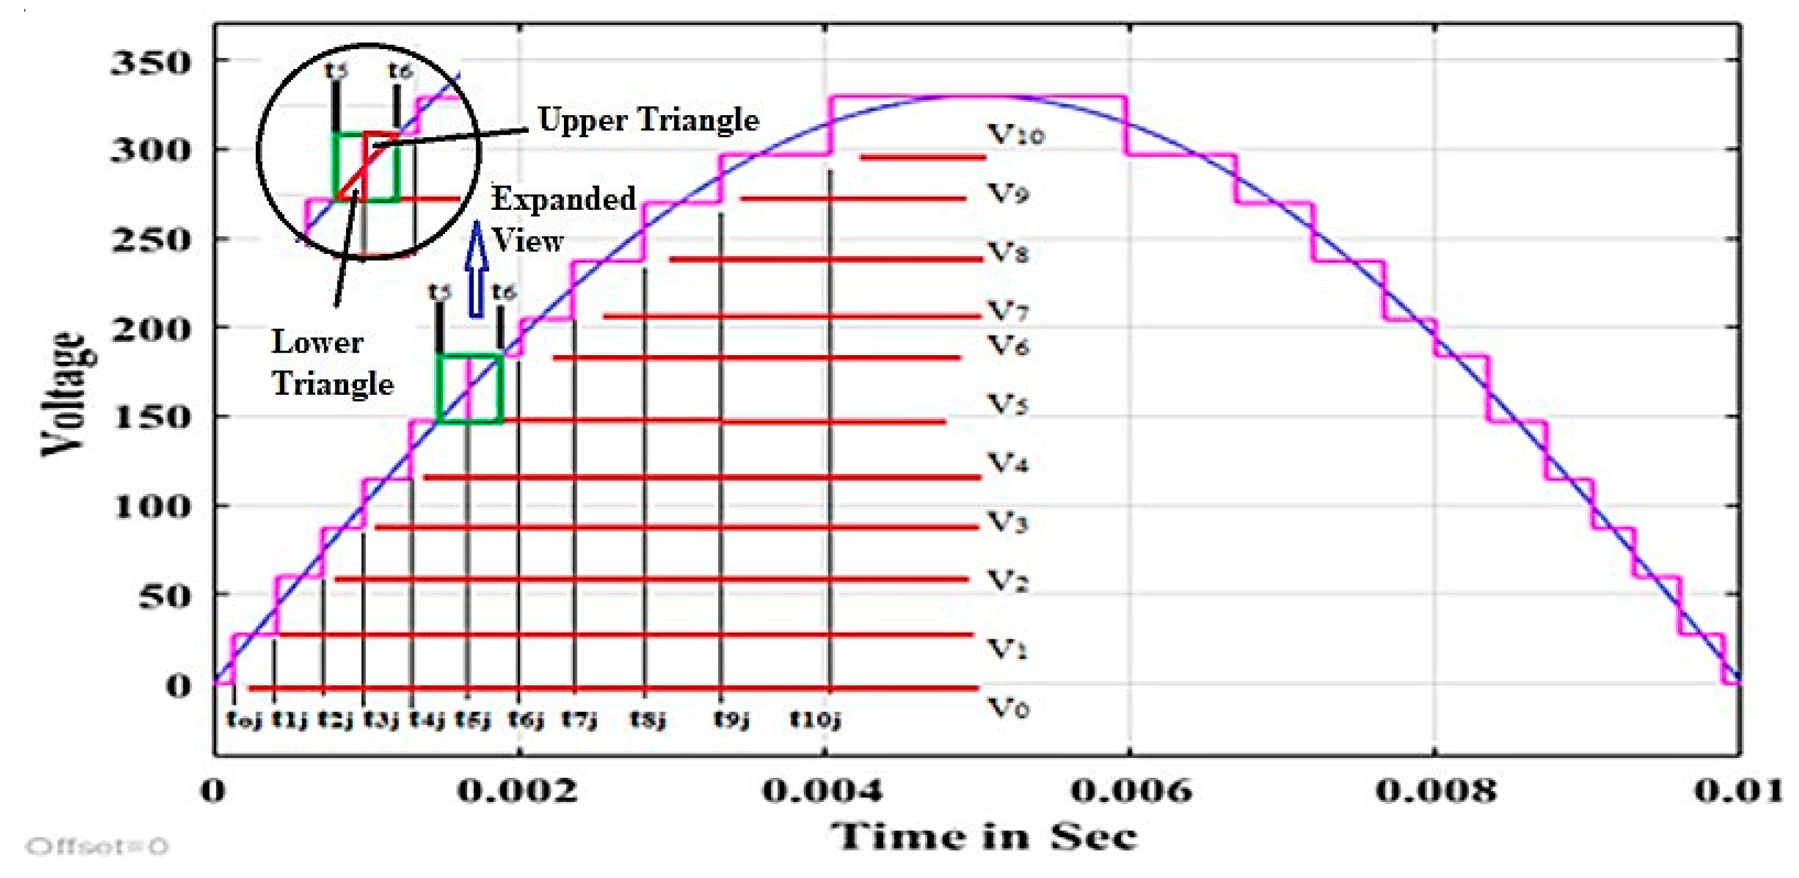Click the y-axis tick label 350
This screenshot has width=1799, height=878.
coord(150,63)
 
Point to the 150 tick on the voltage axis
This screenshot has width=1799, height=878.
coord(150,418)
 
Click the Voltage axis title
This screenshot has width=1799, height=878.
coord(68,393)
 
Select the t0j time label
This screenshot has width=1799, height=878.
coord(244,719)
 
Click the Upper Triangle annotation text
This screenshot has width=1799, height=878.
coord(648,120)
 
